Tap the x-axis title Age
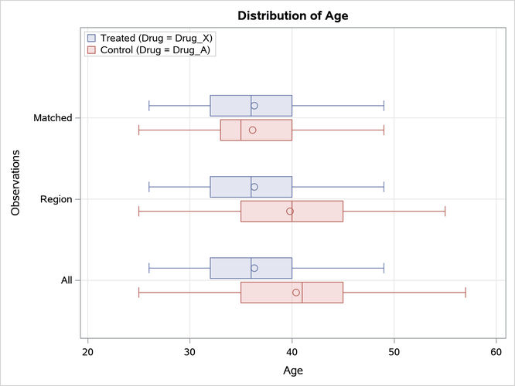pyautogui.click(x=292, y=370)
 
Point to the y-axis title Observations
pyautogui.click(x=15, y=183)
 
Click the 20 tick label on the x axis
pyautogui.click(x=88, y=352)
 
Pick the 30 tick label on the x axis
pyautogui.click(x=190, y=352)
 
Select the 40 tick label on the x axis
pyautogui.click(x=292, y=352)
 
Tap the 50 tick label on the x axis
pyautogui.click(x=394, y=352)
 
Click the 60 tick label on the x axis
pyautogui.click(x=495, y=352)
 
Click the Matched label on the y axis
pyautogui.click(x=53, y=118)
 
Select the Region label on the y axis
pyautogui.click(x=56, y=199)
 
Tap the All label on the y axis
pyautogui.click(x=67, y=280)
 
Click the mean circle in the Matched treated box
pyautogui.click(x=254, y=106)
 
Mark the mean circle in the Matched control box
pyautogui.click(x=252, y=130)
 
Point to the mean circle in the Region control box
pyautogui.click(x=290, y=211)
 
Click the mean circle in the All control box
pyautogui.click(x=296, y=293)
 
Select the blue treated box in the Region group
pyautogui.click(x=232, y=187)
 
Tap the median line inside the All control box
pyautogui.click(x=302, y=293)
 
